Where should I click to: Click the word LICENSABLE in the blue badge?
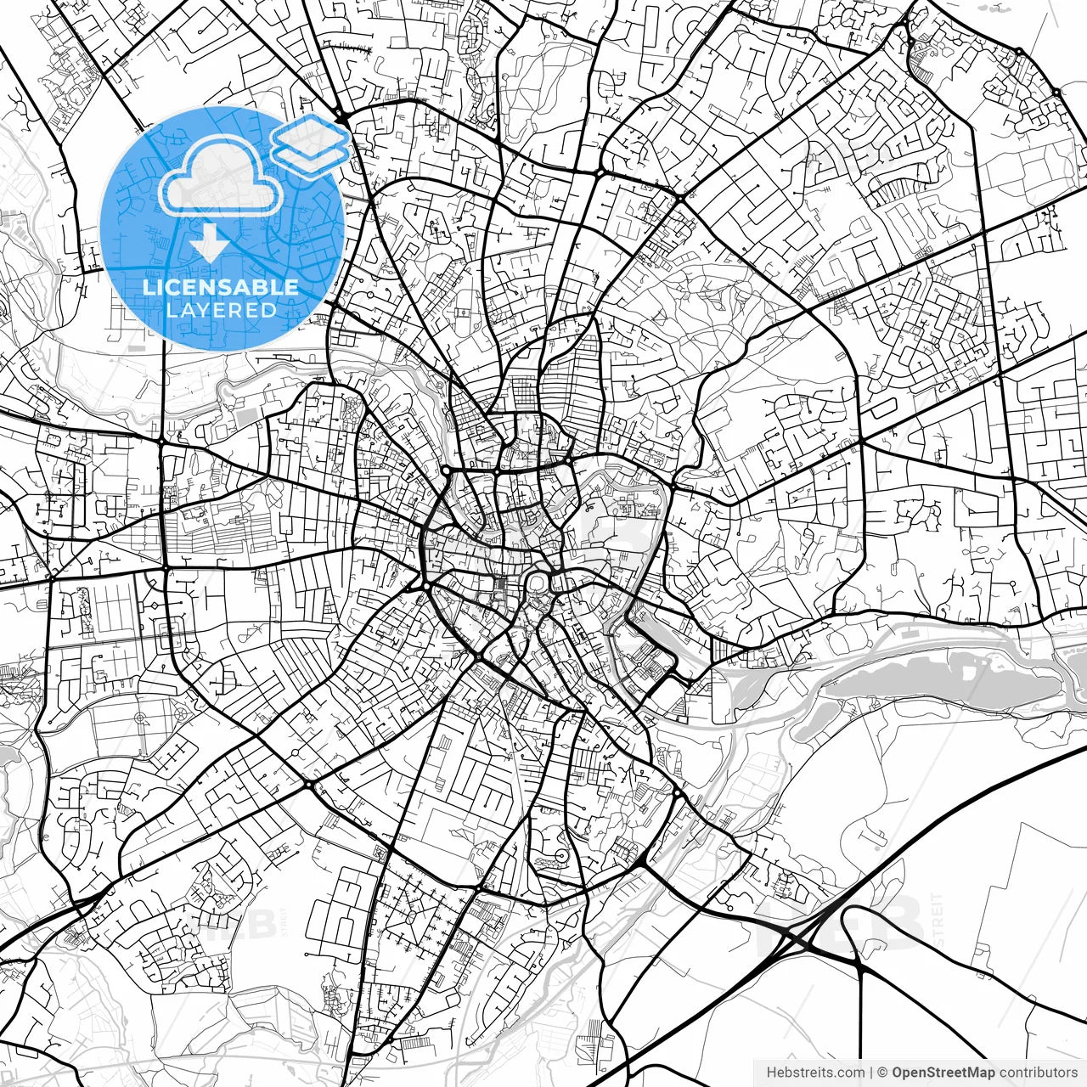pos(221,287)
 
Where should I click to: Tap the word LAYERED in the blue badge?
pos(221,310)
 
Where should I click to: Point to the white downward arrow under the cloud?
pos(207,245)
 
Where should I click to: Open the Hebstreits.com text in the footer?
pos(815,1073)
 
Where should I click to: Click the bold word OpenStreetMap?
pos(943,1073)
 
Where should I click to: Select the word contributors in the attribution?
pos(1038,1073)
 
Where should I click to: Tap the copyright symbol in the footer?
pos(883,1073)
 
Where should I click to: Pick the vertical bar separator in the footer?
pos(871,1073)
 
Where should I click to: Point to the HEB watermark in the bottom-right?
pos(841,921)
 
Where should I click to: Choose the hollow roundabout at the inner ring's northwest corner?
pos(446,470)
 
